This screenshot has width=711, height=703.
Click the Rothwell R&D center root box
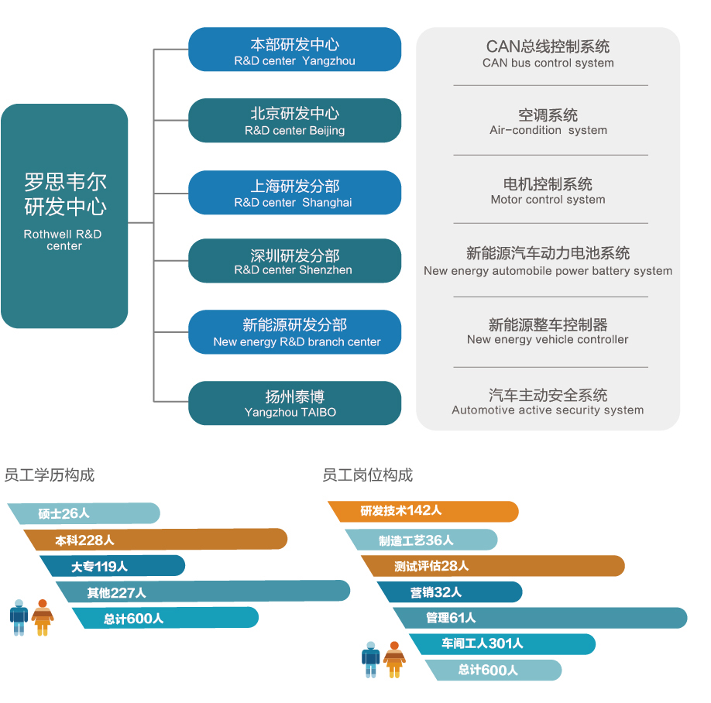[64, 215]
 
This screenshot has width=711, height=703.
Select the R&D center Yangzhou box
[294, 50]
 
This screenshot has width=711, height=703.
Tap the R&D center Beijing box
[294, 121]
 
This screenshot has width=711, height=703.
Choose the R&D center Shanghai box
[294, 193]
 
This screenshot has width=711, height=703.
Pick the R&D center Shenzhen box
[294, 261]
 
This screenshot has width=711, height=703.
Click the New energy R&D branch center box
[294, 332]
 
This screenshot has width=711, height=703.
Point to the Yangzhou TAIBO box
[294, 403]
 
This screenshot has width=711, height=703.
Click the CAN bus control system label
[548, 54]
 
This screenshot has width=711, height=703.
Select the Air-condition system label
[548, 122]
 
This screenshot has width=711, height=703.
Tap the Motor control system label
[548, 191]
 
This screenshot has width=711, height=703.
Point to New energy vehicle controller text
[548, 331]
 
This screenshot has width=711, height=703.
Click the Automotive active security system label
[548, 402]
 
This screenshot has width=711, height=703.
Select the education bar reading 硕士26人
[85, 513]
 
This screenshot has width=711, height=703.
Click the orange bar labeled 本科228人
[155, 540]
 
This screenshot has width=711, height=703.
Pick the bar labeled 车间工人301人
[503, 643]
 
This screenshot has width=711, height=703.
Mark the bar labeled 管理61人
[542, 618]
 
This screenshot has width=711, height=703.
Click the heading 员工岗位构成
[367, 475]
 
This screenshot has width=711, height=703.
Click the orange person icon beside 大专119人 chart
[43, 617]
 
